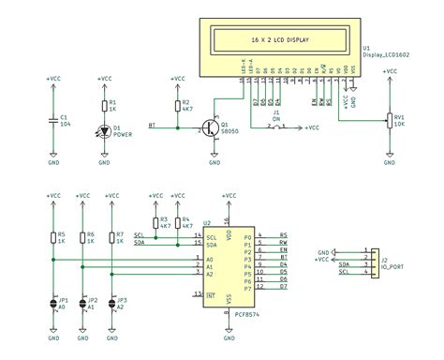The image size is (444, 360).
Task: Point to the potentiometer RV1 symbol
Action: coord(390,119)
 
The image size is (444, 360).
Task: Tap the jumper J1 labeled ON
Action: coord(274,126)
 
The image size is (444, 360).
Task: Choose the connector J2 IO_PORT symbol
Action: coord(369,261)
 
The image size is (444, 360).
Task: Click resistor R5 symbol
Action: coord(53,237)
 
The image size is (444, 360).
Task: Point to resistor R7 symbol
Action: coord(111,237)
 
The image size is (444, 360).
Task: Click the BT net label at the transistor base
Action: coord(153,125)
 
